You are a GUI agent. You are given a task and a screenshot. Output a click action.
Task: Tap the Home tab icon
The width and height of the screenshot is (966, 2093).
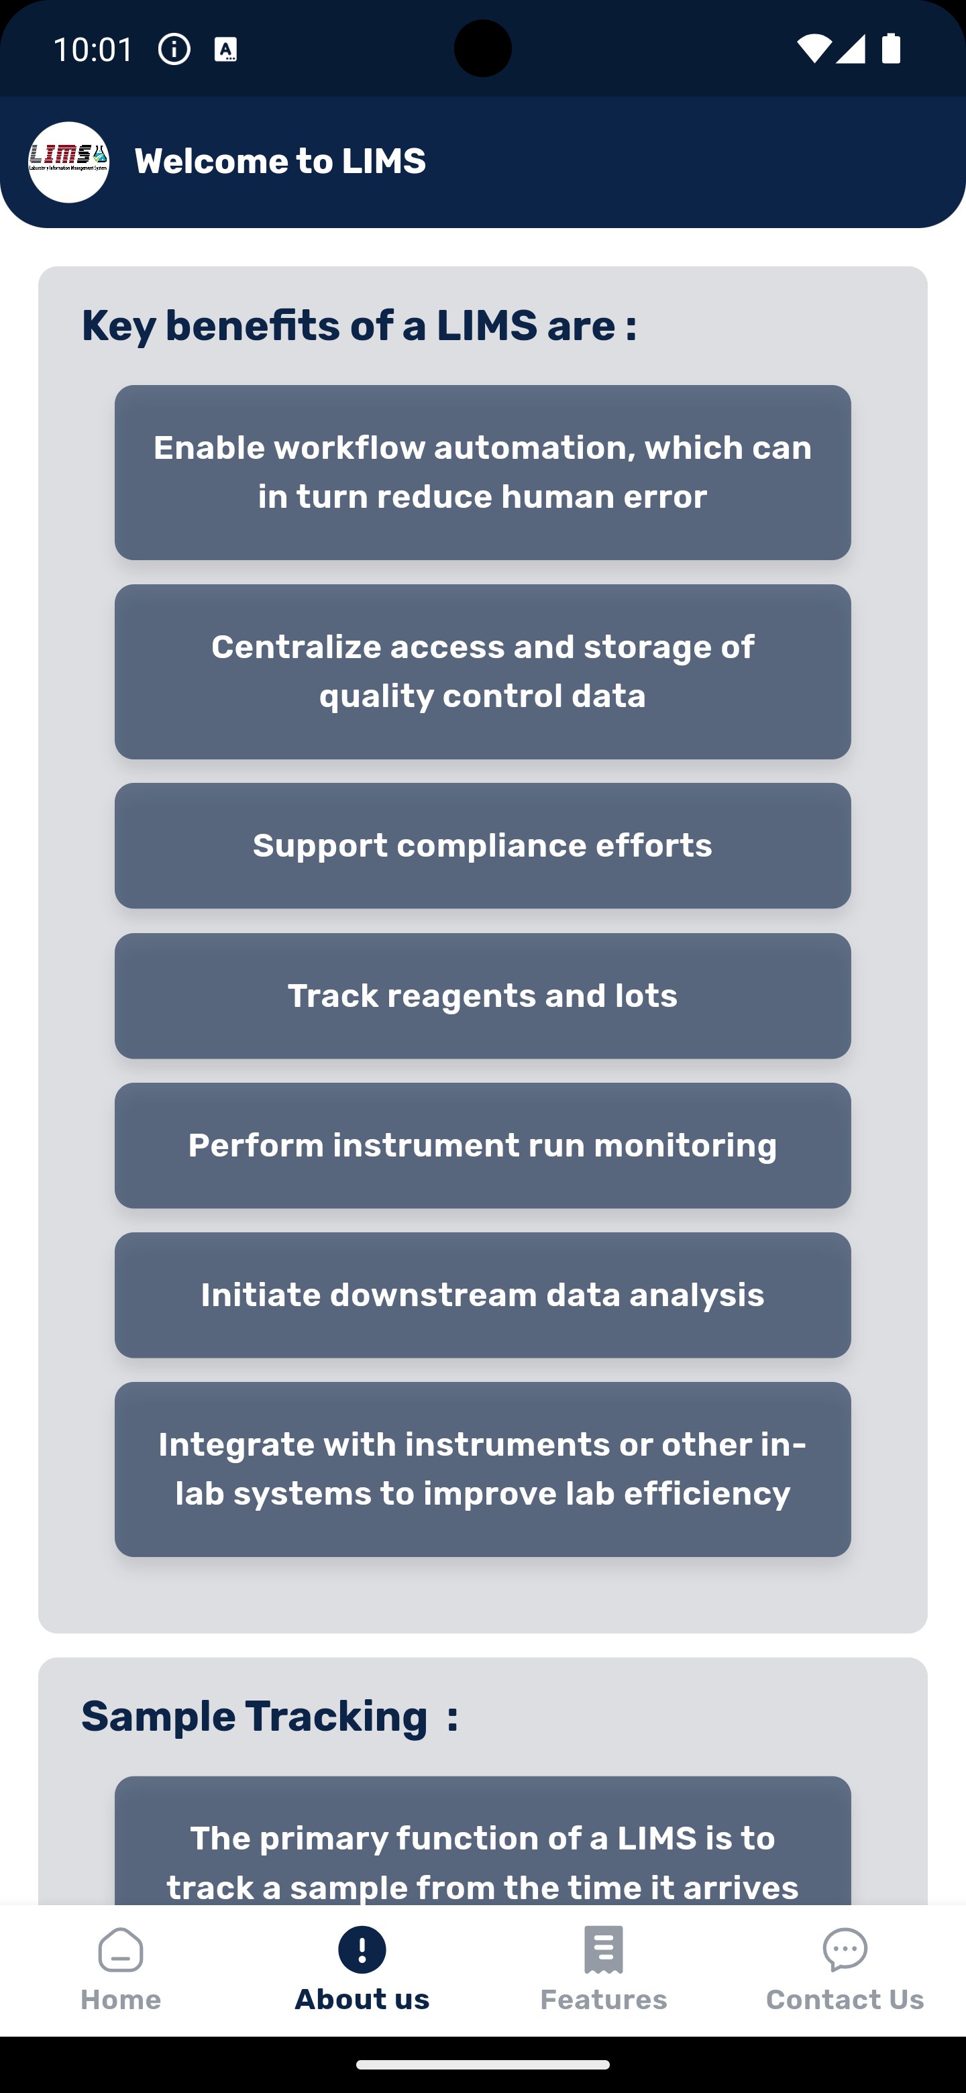click(x=120, y=1950)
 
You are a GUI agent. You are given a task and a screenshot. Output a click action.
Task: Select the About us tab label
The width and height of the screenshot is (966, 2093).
click(x=362, y=2000)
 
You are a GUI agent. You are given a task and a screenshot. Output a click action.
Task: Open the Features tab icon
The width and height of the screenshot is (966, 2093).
click(x=603, y=1950)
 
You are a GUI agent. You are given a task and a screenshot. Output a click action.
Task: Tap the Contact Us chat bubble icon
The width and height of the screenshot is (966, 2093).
click(x=845, y=1950)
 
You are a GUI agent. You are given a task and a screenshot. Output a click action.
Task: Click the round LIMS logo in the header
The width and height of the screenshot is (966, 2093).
click(x=69, y=162)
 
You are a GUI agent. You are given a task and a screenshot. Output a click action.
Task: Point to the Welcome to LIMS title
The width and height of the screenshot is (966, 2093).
click(x=280, y=162)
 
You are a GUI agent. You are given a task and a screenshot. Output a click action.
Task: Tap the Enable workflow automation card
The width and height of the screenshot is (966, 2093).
click(x=482, y=472)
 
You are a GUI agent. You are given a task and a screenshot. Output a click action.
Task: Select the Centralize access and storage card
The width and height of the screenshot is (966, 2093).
click(x=482, y=671)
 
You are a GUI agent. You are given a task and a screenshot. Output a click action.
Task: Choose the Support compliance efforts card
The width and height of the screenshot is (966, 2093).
click(x=482, y=845)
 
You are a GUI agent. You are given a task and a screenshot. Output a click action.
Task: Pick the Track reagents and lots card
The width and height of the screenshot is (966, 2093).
click(x=482, y=996)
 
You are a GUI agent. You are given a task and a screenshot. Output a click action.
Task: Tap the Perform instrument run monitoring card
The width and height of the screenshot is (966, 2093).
click(x=482, y=1145)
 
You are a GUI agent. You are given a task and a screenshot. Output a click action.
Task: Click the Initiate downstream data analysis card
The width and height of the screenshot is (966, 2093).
click(x=482, y=1294)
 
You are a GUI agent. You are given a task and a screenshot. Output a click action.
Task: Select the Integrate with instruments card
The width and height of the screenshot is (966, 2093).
click(x=482, y=1469)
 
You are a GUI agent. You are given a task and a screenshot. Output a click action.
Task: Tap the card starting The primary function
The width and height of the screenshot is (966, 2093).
click(x=482, y=1852)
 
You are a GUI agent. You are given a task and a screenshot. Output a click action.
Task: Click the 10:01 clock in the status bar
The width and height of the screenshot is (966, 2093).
click(x=93, y=50)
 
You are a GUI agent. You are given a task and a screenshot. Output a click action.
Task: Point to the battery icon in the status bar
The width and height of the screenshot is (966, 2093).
click(x=892, y=49)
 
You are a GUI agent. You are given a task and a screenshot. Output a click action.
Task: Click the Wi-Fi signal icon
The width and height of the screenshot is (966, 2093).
click(x=812, y=49)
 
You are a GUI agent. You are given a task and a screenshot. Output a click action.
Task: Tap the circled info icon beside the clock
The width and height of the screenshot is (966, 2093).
click(x=174, y=50)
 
